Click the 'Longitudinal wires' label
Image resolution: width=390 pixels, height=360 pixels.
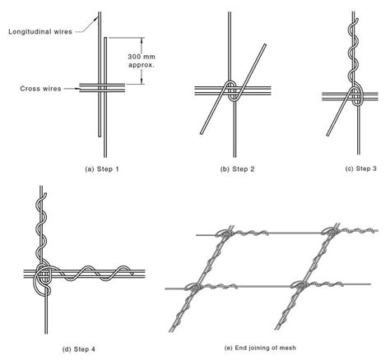coord(40,32)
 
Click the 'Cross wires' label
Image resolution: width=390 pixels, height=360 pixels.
coord(40,89)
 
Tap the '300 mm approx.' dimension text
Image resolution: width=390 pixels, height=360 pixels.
coord(142,61)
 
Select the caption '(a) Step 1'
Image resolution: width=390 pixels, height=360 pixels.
coord(102,169)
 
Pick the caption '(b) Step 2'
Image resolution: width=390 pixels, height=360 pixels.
coord(238,169)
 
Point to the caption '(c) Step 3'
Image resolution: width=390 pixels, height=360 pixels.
coord(361,168)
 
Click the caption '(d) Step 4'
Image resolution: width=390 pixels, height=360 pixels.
coord(79,349)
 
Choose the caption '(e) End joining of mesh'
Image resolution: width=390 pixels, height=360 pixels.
coord(260,348)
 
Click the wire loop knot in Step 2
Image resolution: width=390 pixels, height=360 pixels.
coord(232,91)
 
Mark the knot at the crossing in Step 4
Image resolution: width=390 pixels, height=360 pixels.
coord(43,277)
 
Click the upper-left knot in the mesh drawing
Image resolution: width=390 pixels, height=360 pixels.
coord(225,233)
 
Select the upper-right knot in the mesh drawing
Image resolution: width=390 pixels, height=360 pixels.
coord(331,232)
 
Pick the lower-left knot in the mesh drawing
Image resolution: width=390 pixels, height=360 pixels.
coord(194,288)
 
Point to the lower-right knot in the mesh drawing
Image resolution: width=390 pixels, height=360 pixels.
coord(301,285)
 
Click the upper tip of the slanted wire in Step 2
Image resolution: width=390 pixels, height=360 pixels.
coord(265,44)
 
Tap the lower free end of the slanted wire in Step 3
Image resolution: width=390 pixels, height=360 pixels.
coord(327,135)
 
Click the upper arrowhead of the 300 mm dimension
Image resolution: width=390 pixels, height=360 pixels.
coord(142,39)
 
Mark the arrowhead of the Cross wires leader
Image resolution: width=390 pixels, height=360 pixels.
coord(77,89)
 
